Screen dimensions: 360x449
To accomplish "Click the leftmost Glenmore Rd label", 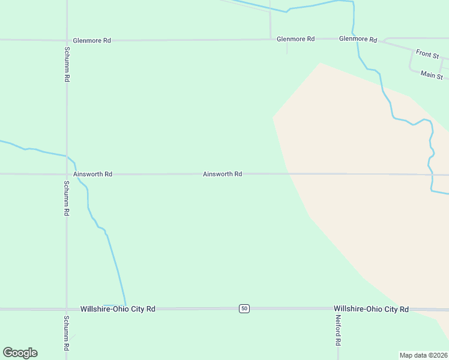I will (92, 41).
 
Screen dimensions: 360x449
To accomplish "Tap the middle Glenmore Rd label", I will (295, 39).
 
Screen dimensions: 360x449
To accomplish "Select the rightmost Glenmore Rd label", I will (358, 39).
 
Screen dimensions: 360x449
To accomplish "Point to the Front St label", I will (427, 54).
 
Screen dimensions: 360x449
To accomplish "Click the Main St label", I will (432, 75).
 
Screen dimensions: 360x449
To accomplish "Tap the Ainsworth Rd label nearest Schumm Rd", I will (92, 174).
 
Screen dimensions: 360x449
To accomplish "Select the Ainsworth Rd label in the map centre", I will (222, 174).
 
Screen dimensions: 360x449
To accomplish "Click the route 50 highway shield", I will (244, 308).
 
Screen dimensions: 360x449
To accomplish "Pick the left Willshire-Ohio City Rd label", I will (118, 309).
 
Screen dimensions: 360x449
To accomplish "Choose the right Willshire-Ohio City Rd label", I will (371, 309).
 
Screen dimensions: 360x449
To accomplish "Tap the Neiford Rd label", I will (338, 331).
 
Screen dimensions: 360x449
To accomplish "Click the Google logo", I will (20, 353).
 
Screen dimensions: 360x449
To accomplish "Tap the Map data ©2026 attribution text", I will (423, 355).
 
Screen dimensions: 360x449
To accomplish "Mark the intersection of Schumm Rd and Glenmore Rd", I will (67, 40).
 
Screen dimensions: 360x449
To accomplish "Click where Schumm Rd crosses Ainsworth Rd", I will (67, 174).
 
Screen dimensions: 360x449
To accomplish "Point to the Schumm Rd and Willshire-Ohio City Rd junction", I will (66, 309).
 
